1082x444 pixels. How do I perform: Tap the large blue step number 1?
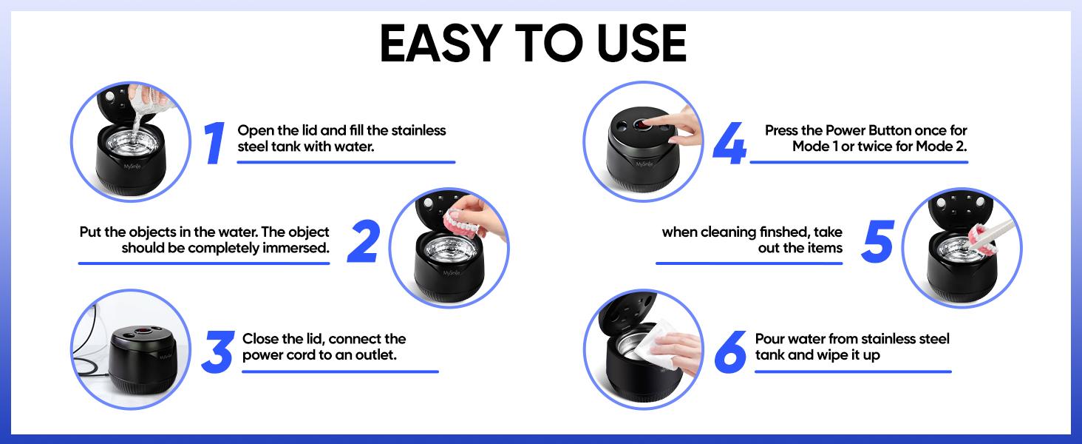coord(214,143)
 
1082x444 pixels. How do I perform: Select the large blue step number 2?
coord(363,241)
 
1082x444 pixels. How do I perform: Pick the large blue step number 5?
coord(877,241)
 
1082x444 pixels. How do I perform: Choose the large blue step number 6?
coord(731,353)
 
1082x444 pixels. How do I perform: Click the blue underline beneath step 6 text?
coord(853,372)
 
